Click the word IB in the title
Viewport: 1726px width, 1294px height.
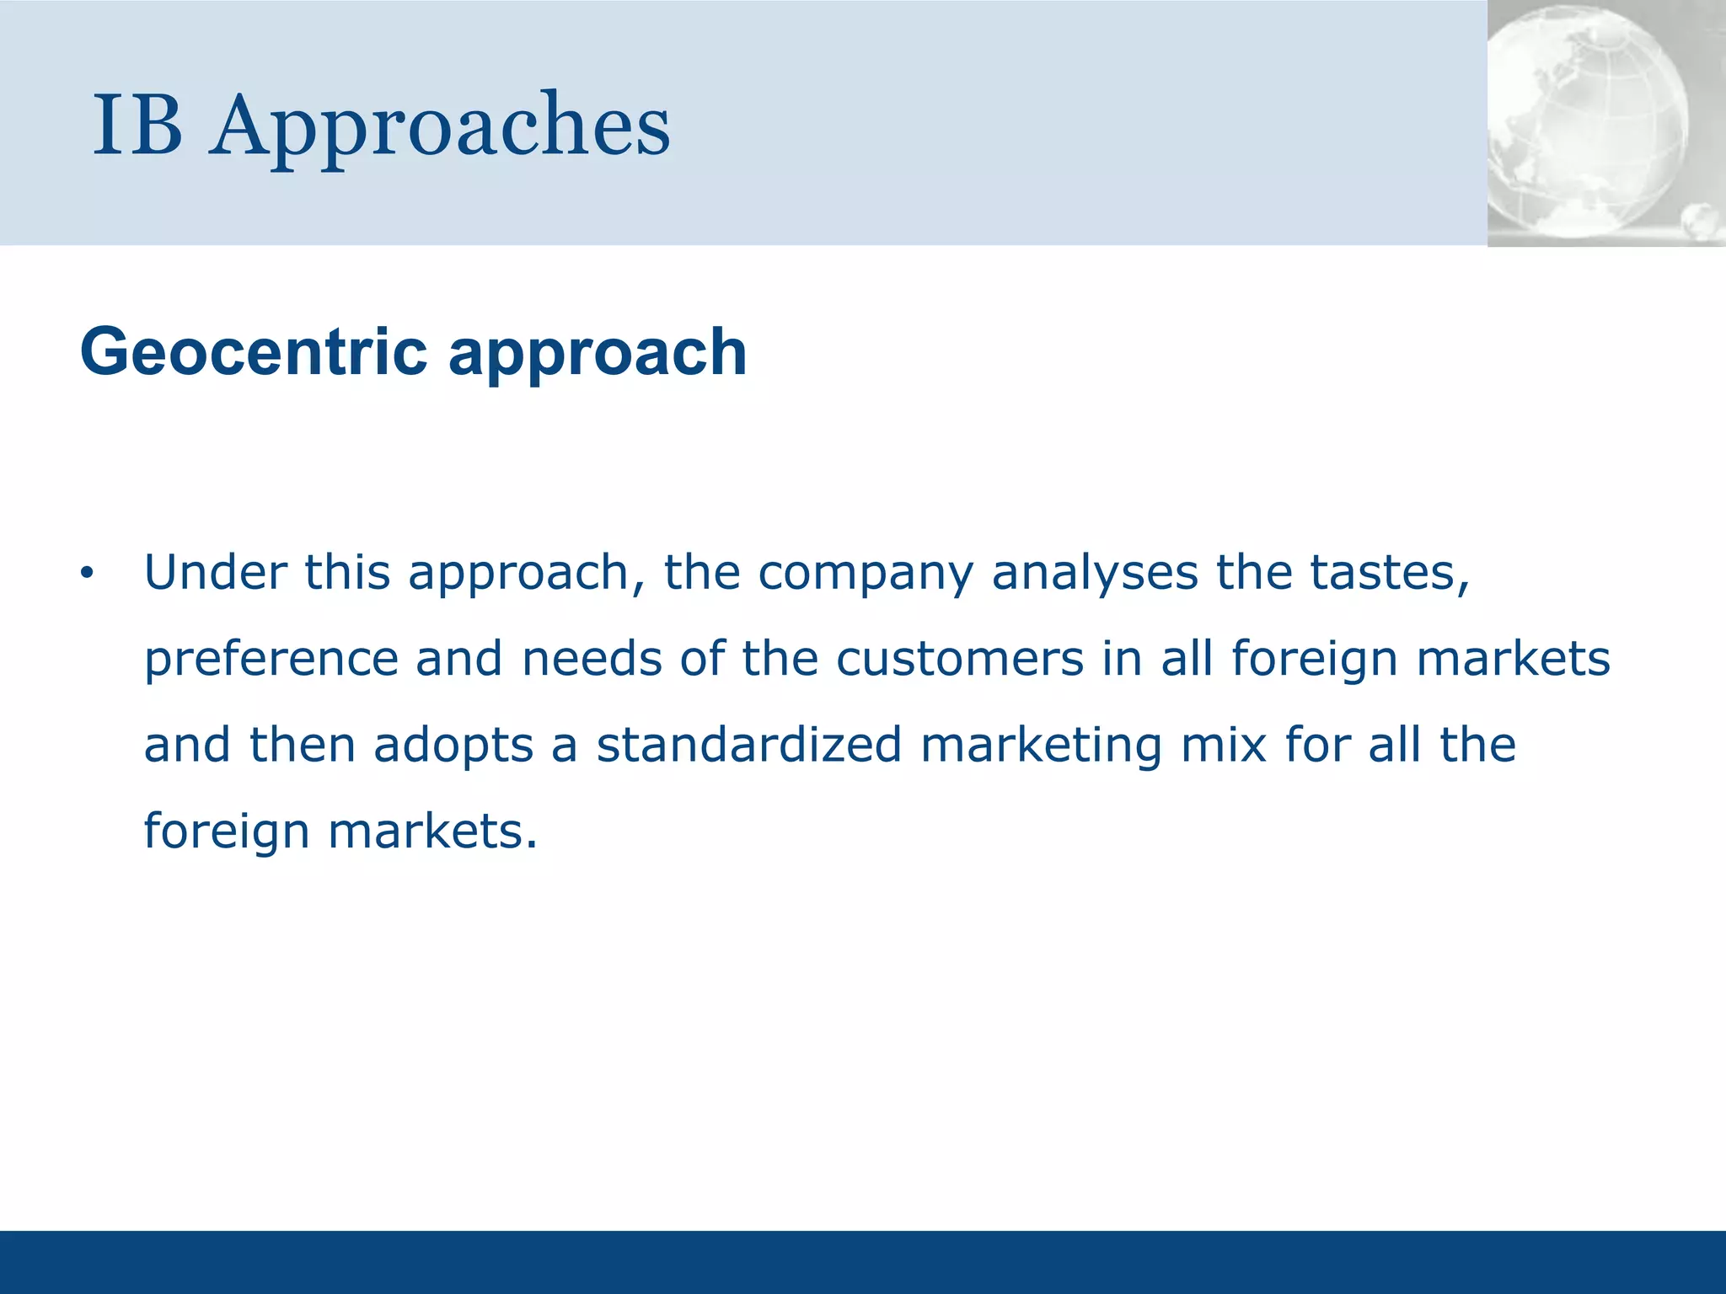(137, 126)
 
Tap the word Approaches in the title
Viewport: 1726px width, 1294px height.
(440, 126)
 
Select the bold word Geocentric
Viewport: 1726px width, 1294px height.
(254, 352)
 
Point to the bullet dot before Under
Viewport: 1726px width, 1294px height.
(86, 575)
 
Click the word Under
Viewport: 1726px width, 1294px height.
(216, 573)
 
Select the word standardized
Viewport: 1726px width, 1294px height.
(749, 745)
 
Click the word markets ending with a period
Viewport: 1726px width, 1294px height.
(431, 832)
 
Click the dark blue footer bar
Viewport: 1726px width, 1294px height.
(863, 1262)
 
